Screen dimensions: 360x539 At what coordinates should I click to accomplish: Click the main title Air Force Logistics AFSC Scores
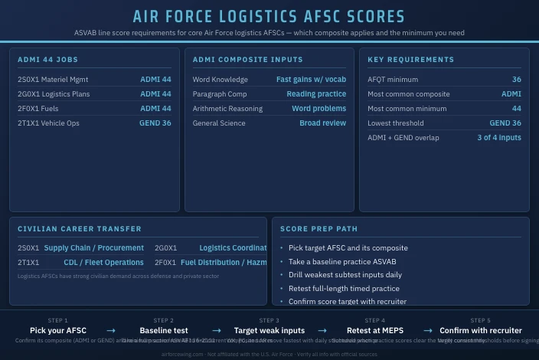pos(269,16)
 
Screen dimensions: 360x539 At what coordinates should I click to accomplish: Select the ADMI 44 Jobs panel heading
pos(47,60)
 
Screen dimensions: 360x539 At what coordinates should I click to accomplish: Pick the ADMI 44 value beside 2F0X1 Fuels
pos(155,109)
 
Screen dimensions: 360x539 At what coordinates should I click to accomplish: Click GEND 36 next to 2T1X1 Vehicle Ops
pos(155,123)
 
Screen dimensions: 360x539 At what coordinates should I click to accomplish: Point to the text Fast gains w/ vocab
pos(311,80)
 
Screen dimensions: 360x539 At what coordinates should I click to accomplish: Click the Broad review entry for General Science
pos(322,123)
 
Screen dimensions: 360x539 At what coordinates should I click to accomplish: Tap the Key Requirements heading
pos(410,60)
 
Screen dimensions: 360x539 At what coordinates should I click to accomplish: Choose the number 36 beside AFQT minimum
pos(516,80)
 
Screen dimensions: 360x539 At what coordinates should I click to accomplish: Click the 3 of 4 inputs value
pos(499,138)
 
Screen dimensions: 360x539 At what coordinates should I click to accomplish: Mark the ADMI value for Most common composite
pos(511,94)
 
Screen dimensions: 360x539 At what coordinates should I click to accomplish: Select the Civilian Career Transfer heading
pos(80,229)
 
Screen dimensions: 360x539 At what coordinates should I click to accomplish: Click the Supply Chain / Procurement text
pos(93,248)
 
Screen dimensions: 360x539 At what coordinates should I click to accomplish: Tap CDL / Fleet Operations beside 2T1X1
pos(103,263)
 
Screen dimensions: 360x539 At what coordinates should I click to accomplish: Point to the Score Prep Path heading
pos(318,229)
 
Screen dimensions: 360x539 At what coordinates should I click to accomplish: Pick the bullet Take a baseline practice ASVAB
pos(342,261)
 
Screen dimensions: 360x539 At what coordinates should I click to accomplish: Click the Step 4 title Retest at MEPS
pos(374,331)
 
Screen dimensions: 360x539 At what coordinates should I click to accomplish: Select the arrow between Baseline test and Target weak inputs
pos(217,331)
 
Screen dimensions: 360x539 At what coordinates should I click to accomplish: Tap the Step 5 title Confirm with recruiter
pos(480,331)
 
